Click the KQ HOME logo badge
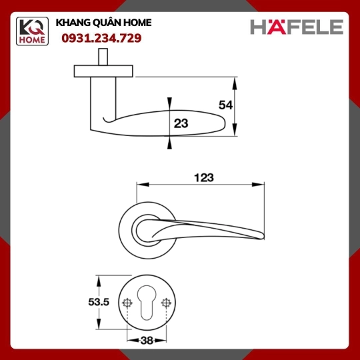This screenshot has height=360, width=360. (x=32, y=31)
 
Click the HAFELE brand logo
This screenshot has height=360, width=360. (x=297, y=27)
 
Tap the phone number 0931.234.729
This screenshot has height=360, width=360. (x=101, y=38)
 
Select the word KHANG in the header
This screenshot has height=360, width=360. (x=70, y=23)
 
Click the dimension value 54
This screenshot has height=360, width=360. (x=225, y=105)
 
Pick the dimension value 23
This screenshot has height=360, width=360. (x=181, y=123)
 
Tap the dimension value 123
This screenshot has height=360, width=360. (x=204, y=177)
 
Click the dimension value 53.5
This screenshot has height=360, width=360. (x=99, y=302)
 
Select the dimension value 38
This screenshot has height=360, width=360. (x=147, y=341)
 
